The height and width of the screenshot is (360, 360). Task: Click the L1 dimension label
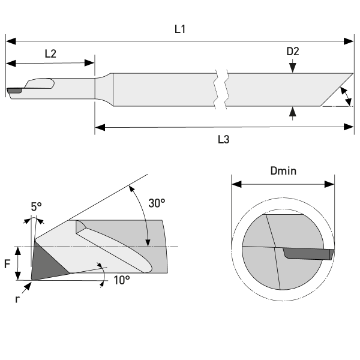179,29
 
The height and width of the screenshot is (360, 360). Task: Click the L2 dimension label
50,53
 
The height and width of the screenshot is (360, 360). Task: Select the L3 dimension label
223,139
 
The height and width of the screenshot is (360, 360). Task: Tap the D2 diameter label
292,52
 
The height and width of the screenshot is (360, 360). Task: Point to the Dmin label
283,171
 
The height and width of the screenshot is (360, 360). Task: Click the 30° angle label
157,203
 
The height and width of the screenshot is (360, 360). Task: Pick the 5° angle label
37,206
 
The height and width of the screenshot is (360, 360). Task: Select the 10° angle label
122,279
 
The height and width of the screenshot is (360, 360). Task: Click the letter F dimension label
8,263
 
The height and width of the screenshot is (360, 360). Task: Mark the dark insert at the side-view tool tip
14,91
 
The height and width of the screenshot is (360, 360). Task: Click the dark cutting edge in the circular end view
307,253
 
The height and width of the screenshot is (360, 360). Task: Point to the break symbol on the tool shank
221,91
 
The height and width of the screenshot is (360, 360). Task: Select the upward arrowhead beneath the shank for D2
292,111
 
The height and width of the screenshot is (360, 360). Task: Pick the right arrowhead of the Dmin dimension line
330,185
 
